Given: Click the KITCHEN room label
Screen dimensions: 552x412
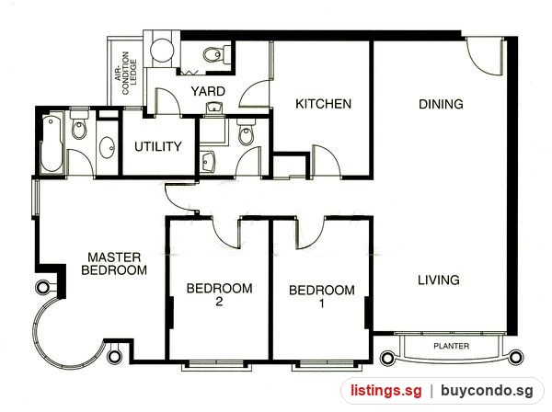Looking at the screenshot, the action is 323,104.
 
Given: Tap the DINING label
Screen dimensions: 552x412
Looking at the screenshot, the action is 441,104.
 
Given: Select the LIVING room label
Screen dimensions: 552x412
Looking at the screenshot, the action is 439,280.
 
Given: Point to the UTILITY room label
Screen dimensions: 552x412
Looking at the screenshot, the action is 158,146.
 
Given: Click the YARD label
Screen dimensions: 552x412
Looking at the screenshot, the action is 208,91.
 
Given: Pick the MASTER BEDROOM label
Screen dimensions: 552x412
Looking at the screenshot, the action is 114,264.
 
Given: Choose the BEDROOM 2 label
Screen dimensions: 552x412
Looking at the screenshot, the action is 219,295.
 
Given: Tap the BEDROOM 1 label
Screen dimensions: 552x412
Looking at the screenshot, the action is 322,297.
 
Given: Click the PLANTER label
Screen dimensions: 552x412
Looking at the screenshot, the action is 452,346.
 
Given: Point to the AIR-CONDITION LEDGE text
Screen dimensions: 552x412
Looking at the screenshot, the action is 126,73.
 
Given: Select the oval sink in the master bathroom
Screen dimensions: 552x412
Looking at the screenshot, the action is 108,149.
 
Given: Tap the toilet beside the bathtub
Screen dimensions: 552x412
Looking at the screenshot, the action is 78,124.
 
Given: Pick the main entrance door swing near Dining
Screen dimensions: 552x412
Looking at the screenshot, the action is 485,55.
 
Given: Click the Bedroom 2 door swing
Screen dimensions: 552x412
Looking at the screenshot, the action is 225,234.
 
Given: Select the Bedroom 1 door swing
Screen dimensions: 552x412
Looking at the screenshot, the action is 311,233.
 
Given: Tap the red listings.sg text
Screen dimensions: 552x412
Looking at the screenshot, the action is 385,391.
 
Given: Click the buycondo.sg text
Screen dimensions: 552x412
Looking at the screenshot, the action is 487,391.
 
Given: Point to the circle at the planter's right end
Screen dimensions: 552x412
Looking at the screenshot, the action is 516,358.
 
